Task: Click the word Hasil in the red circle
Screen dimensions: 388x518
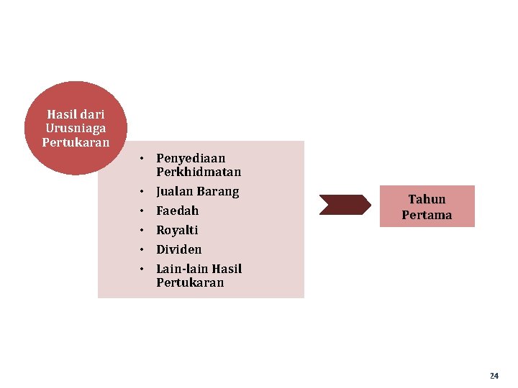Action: (60, 114)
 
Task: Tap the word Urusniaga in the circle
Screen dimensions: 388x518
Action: (76, 128)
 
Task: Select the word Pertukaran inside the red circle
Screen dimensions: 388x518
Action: (76, 142)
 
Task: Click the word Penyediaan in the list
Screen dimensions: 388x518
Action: (191, 158)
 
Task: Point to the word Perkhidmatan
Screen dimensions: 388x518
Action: (199, 172)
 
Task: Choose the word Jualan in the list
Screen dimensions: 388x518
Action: (175, 192)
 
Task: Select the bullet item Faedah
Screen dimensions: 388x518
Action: (177, 211)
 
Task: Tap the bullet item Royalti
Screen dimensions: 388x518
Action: (177, 231)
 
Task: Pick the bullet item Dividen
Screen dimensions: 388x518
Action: (179, 250)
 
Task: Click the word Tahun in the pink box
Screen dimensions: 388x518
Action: (427, 199)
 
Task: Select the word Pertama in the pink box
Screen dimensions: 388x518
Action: (427, 215)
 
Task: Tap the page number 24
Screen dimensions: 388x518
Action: (494, 376)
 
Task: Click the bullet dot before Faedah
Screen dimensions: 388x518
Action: (144, 211)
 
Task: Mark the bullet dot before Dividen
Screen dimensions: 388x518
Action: (144, 250)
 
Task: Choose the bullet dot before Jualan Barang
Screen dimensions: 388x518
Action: (144, 192)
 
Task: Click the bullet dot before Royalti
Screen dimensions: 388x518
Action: (144, 231)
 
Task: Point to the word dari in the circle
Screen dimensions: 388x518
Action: (91, 114)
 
